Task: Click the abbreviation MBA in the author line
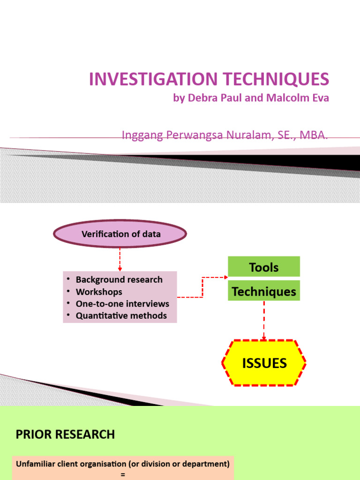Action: [314, 135]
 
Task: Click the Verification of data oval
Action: [120, 234]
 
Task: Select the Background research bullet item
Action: [119, 279]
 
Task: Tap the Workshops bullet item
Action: [99, 292]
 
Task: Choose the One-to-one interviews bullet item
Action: [122, 304]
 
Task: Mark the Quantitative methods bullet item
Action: [121, 316]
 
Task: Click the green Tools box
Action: [264, 267]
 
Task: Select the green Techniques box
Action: [264, 292]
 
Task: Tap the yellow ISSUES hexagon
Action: [264, 363]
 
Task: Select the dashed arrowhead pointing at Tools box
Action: [224, 277]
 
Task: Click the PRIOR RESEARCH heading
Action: [65, 435]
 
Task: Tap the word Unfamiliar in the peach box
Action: [37, 464]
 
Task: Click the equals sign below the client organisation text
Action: [123, 475]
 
